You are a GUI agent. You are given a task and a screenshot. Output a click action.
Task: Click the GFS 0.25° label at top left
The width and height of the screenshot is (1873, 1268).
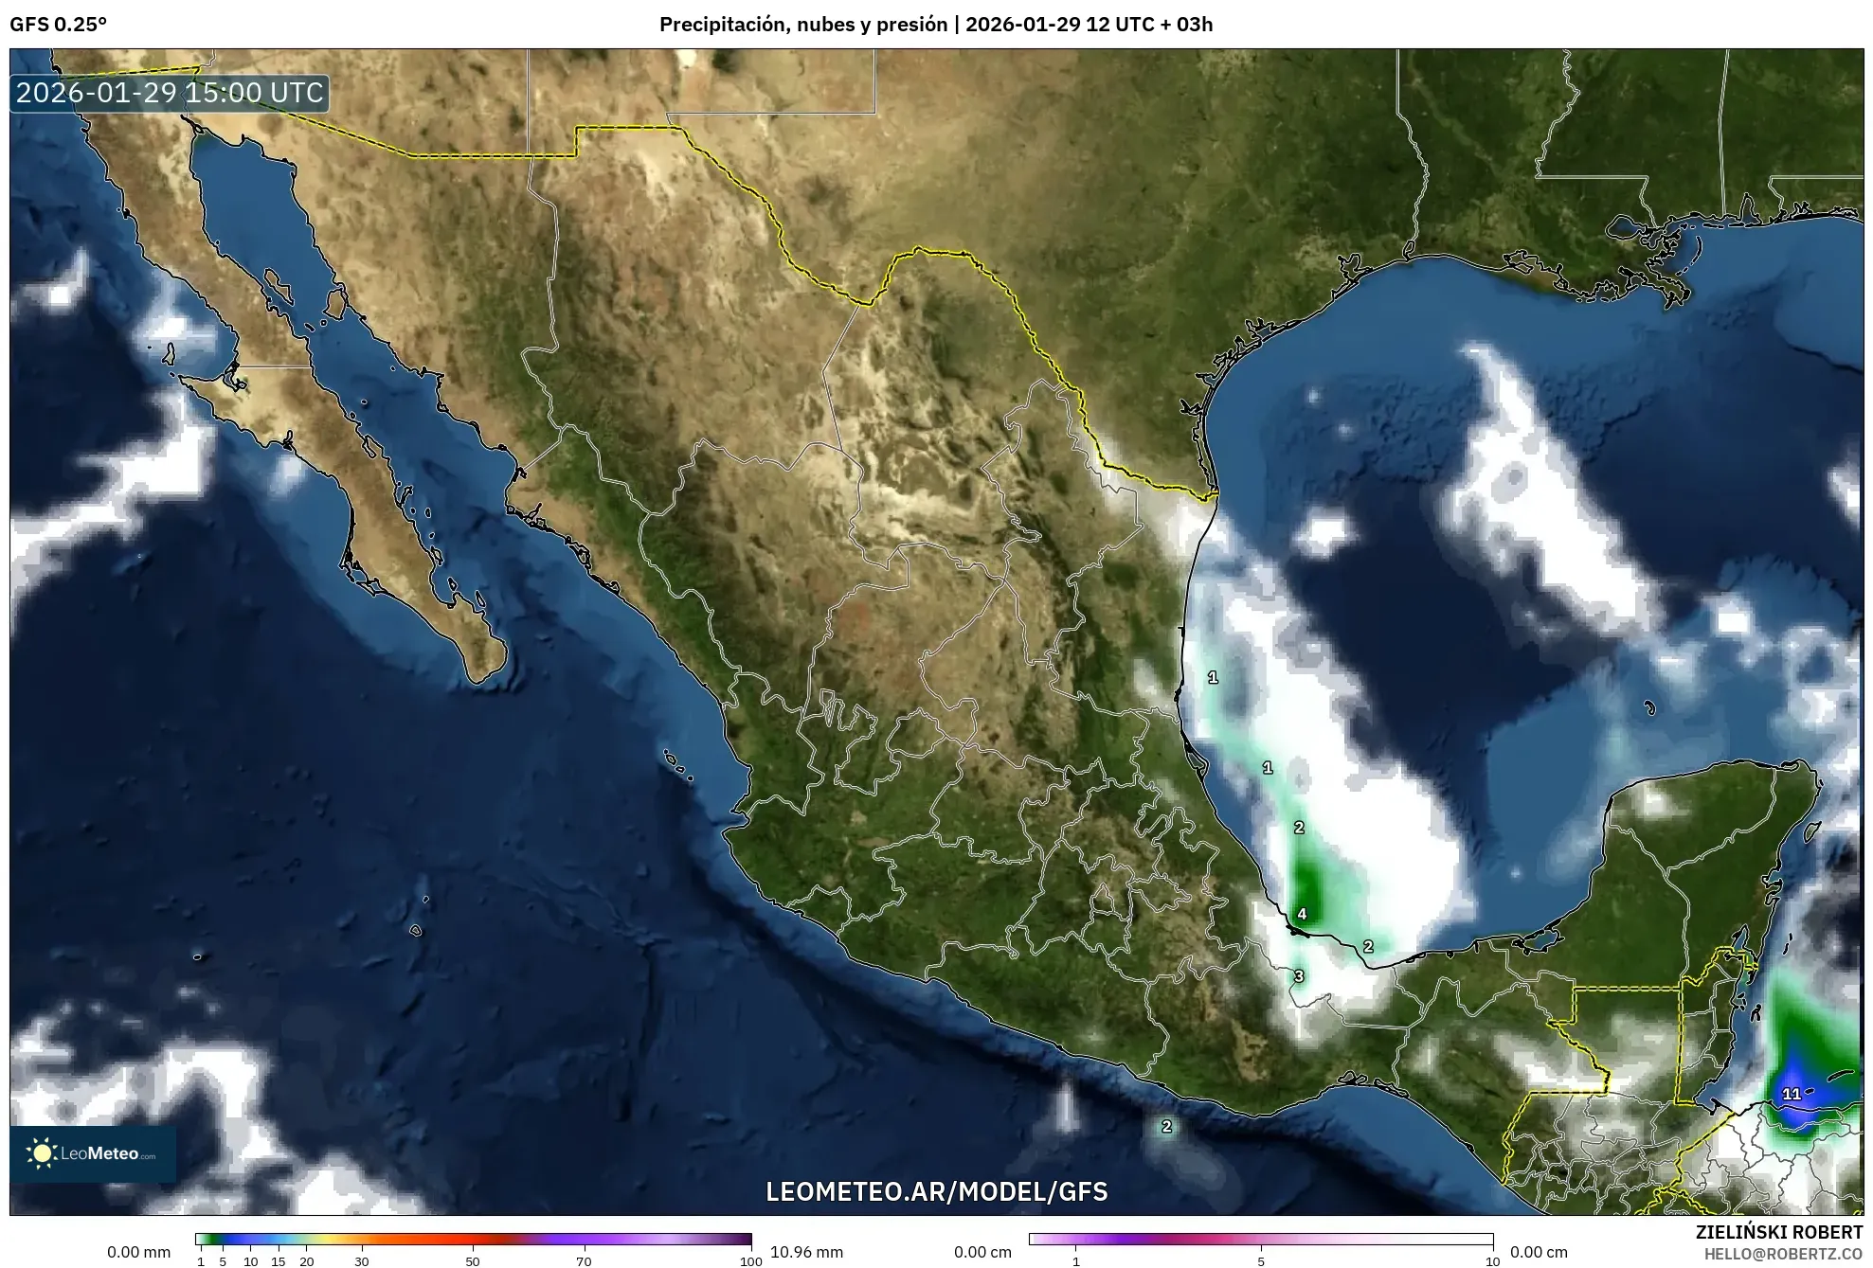[58, 25]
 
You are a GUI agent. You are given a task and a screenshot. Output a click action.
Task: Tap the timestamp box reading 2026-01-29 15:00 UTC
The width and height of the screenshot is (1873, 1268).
[170, 93]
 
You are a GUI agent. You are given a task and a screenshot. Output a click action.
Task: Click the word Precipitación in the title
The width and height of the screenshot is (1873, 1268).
[725, 25]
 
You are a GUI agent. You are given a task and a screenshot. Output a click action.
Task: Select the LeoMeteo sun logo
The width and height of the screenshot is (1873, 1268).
[42, 1153]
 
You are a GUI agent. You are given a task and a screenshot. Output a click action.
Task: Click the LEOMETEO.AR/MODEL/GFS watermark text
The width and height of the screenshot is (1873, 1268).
[936, 1191]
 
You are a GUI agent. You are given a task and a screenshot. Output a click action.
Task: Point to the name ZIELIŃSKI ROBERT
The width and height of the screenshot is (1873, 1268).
[1778, 1232]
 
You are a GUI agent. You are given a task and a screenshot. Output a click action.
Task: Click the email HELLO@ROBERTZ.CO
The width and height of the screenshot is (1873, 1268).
[1783, 1254]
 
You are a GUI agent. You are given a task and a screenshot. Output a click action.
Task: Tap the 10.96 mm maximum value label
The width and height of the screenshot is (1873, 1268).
[806, 1252]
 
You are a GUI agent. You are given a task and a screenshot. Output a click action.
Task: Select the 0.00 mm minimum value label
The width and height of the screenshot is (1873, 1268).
[139, 1252]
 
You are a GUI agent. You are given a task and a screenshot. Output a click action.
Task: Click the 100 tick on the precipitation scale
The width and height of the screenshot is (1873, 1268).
[750, 1260]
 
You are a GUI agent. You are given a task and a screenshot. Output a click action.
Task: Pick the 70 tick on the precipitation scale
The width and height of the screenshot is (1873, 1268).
[584, 1260]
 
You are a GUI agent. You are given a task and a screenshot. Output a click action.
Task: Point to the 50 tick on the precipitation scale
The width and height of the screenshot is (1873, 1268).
[473, 1260]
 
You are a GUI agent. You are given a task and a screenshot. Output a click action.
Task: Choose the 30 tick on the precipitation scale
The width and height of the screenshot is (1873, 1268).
[362, 1260]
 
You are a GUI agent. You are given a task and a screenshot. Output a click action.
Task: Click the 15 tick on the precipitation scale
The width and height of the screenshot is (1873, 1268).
[279, 1260]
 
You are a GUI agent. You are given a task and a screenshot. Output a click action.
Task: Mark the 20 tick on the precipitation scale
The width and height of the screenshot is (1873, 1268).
[306, 1260]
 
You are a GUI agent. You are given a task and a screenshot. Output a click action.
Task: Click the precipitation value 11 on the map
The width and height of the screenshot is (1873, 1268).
[1791, 1094]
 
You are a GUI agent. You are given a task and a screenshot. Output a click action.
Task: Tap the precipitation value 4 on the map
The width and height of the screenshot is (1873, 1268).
[1302, 914]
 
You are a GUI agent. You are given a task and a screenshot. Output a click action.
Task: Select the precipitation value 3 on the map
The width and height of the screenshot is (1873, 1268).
[1299, 976]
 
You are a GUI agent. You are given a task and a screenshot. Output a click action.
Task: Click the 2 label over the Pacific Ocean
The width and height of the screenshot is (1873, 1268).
[1166, 1126]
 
